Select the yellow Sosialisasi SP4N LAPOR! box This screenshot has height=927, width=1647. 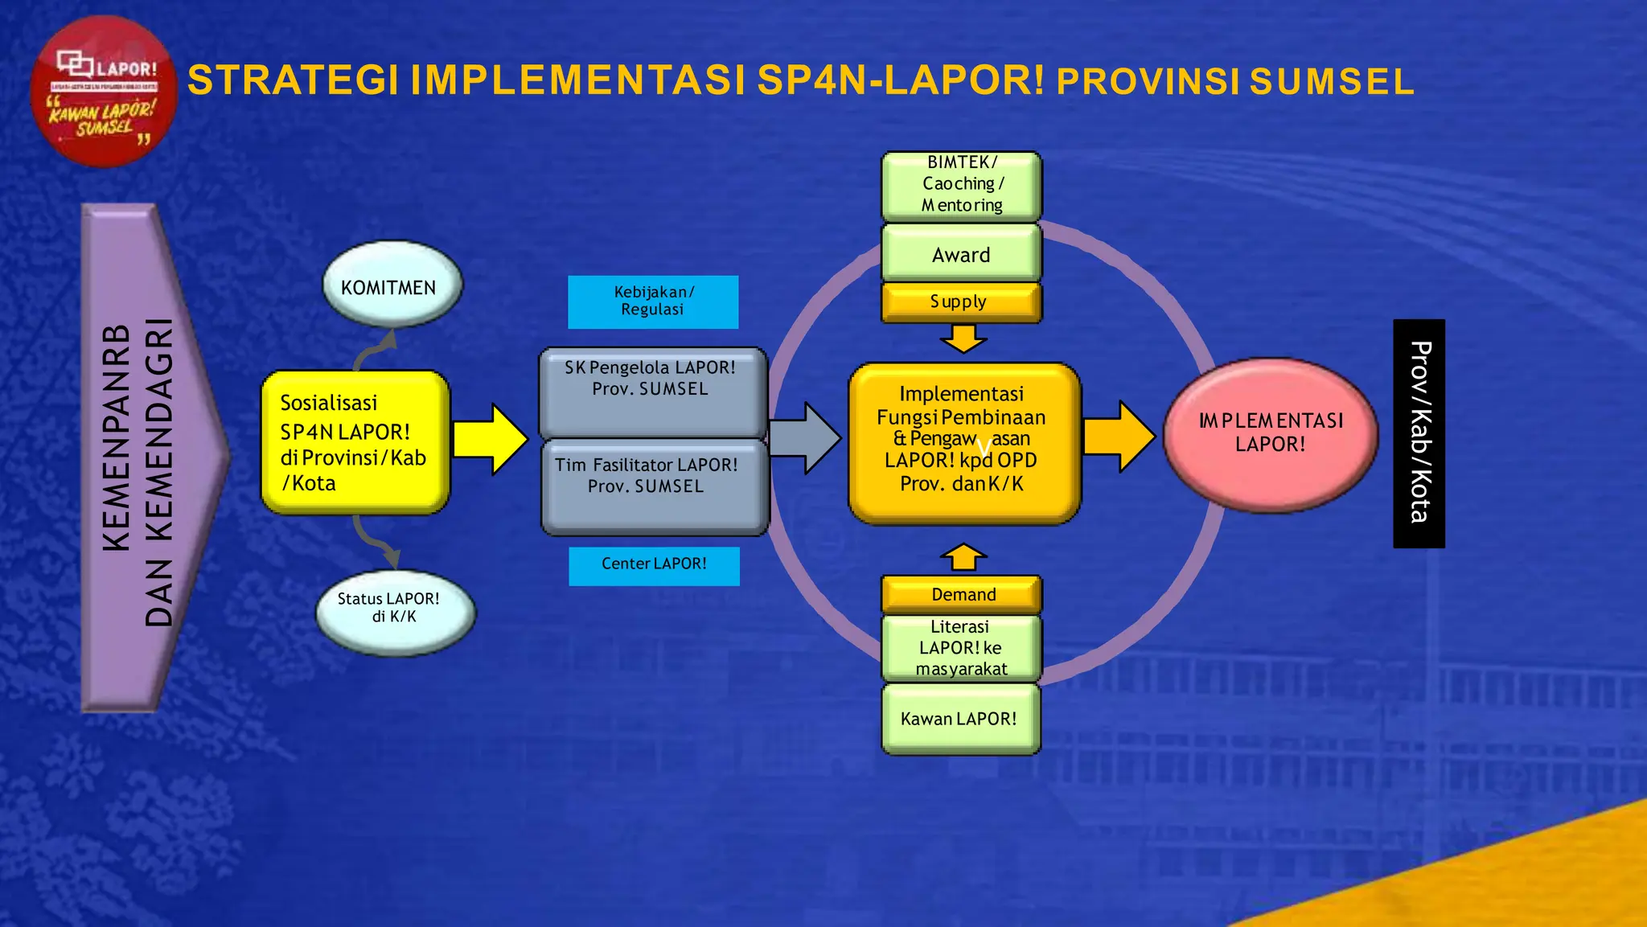[x=355, y=442]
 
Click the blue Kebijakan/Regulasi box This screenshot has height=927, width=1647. [x=652, y=301]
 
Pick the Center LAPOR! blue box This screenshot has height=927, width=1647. [x=654, y=565]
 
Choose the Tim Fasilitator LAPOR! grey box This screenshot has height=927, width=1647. [x=654, y=487]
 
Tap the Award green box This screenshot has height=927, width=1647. [x=961, y=253]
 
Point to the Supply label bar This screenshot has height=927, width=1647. [x=961, y=302]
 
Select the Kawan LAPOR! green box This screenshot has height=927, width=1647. [x=960, y=719]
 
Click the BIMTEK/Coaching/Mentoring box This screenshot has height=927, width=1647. [x=961, y=185]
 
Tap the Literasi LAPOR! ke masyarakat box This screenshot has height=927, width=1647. [x=961, y=648]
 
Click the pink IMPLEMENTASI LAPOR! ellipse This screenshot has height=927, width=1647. [x=1270, y=434]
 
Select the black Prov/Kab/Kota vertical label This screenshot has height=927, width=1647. [x=1419, y=433]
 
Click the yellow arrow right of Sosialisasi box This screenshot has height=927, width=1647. [x=490, y=439]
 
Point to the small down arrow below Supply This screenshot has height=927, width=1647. [x=963, y=338]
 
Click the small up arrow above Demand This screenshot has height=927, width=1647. [x=963, y=557]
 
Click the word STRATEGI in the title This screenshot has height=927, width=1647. [x=293, y=81]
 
